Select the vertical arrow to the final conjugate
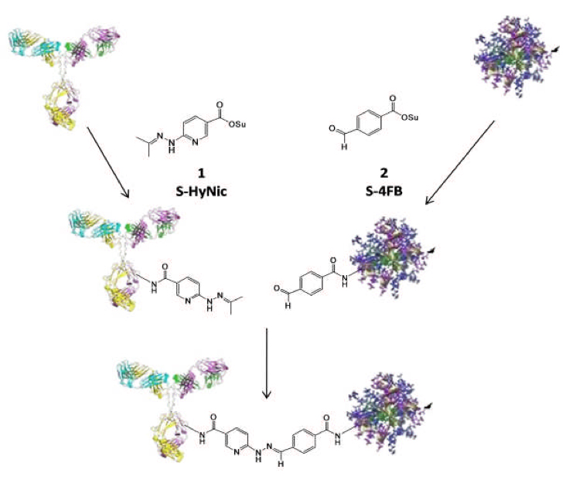tap(266, 362)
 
